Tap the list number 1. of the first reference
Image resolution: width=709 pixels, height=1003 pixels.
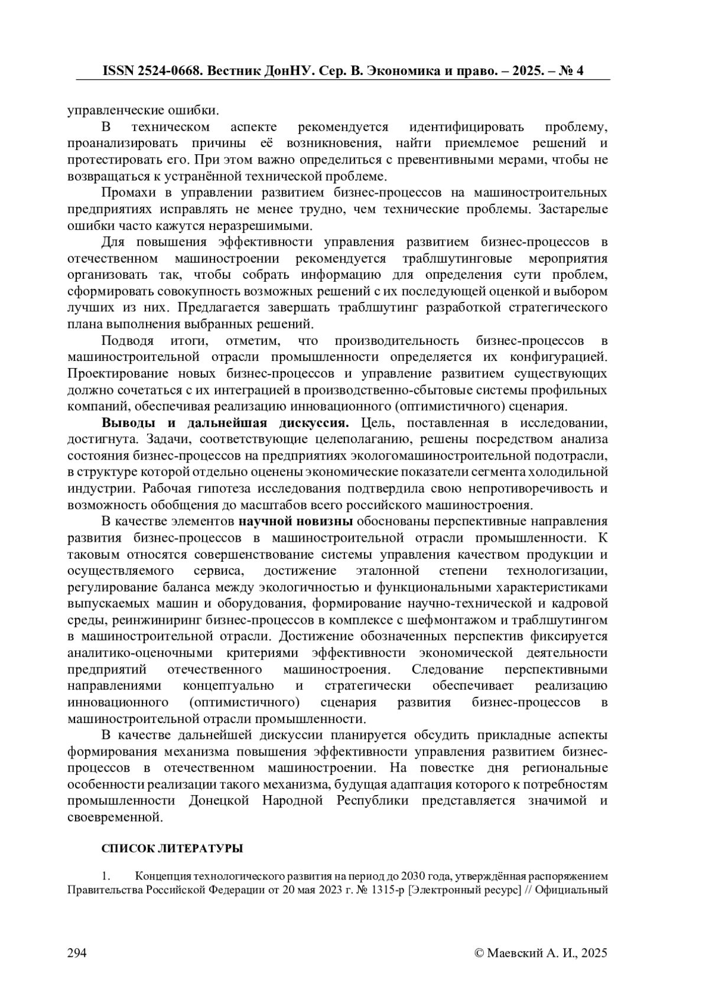(x=106, y=876)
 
